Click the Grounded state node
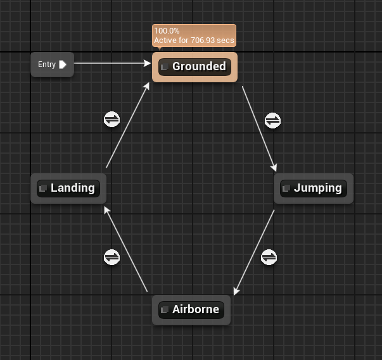198,66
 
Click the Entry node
48,65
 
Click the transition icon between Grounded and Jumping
272,120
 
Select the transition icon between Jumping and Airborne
269,257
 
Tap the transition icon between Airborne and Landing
111,257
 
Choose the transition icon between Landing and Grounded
111,120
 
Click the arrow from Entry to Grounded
111,63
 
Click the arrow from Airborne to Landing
126,249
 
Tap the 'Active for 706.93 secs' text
194,40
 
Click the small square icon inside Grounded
164,67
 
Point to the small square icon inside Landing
42,189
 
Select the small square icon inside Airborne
164,310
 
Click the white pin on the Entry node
63,65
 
